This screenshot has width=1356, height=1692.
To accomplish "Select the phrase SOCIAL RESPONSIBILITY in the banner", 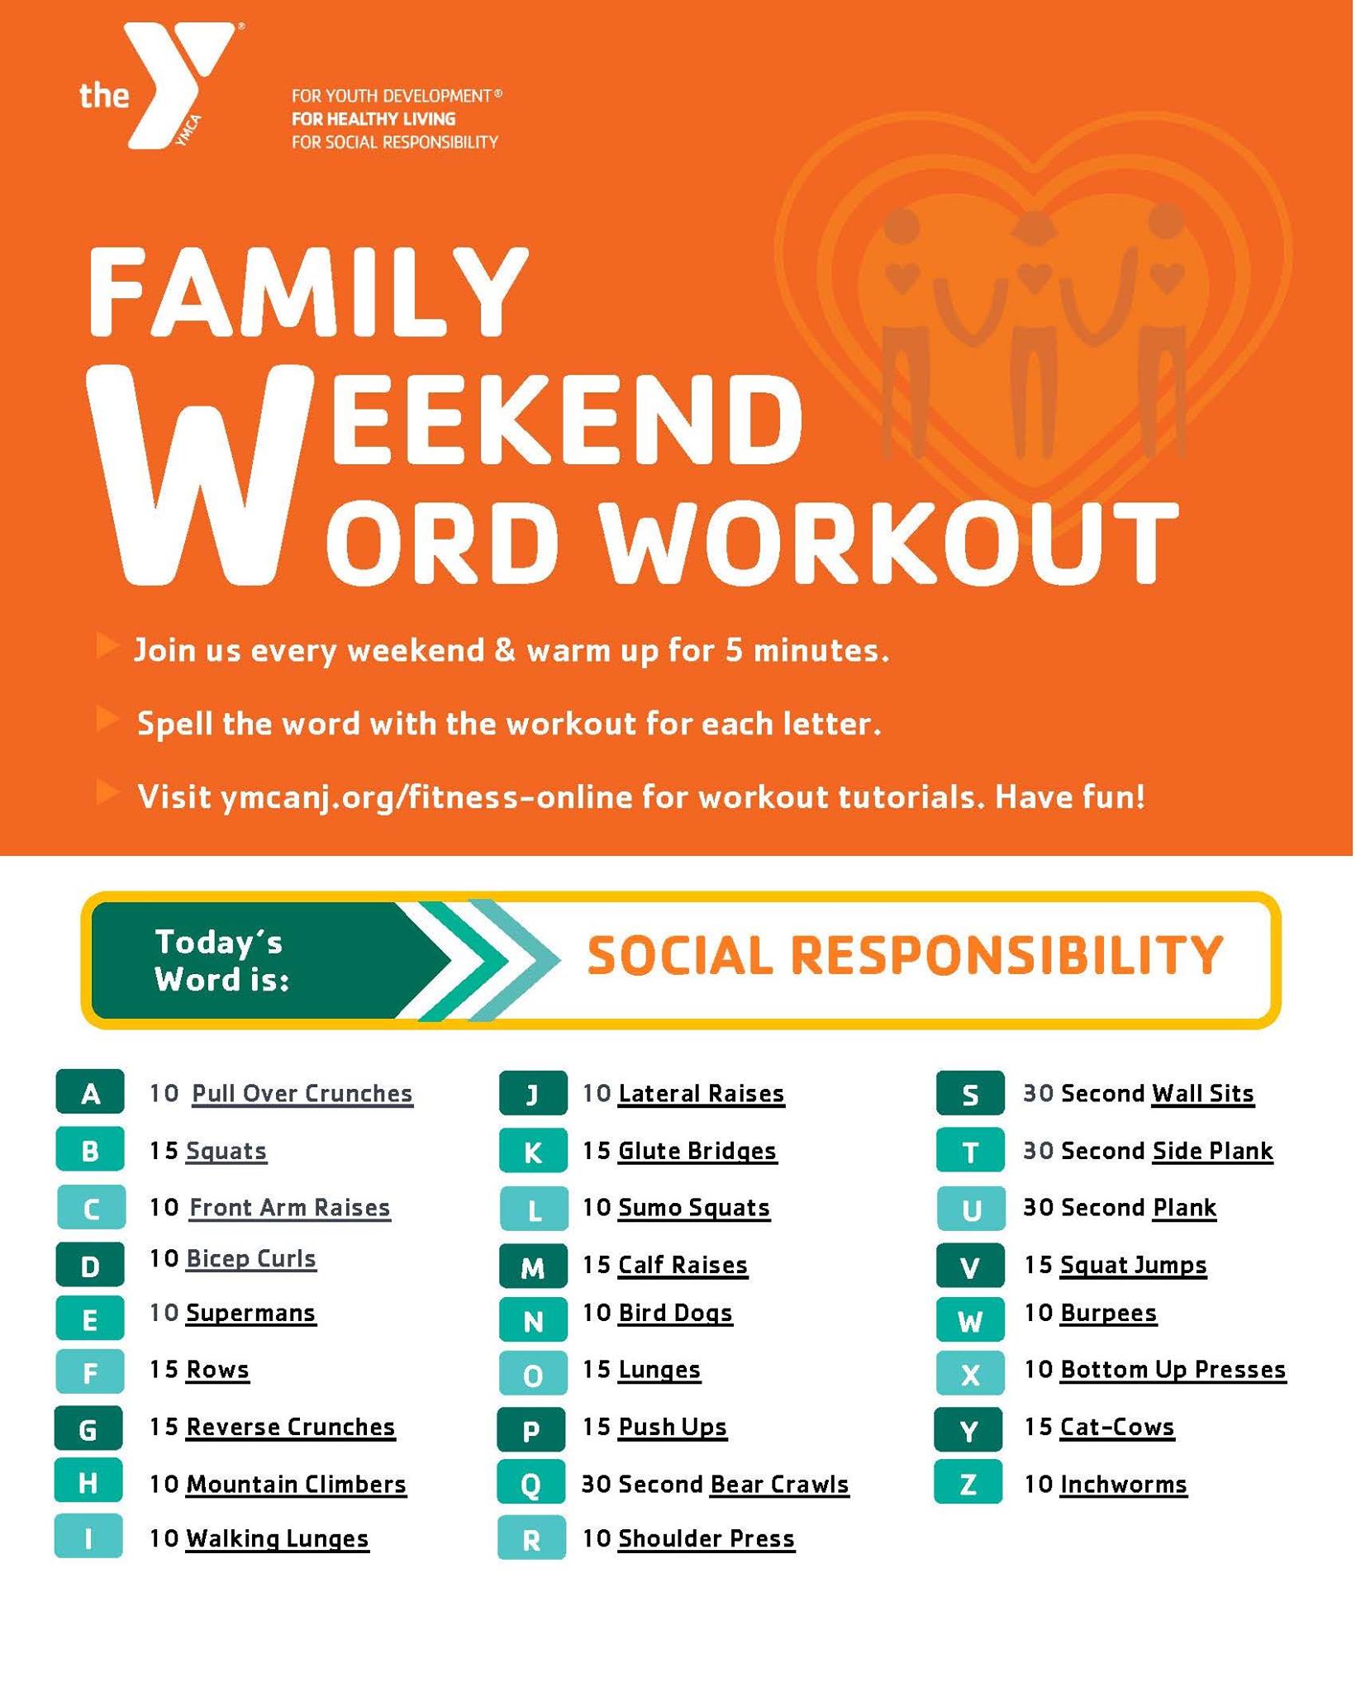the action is click(905, 955).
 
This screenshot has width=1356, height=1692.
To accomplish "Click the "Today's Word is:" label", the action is click(221, 960).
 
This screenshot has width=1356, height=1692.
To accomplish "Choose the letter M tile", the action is click(533, 1266).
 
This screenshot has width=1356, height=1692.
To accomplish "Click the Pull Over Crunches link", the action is click(302, 1094).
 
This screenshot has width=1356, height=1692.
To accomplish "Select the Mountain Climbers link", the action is click(296, 1485).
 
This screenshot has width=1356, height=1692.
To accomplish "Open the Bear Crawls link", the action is click(779, 1485).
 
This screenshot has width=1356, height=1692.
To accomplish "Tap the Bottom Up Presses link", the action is click(1173, 1370).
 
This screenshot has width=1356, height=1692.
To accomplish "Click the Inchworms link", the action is click(1123, 1485).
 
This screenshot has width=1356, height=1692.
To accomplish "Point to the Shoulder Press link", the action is click(707, 1539).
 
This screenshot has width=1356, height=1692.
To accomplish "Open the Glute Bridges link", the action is click(697, 1151).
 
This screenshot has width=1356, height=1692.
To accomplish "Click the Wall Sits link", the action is click(1202, 1094).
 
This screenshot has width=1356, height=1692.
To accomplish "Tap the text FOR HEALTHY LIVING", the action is click(373, 119).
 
